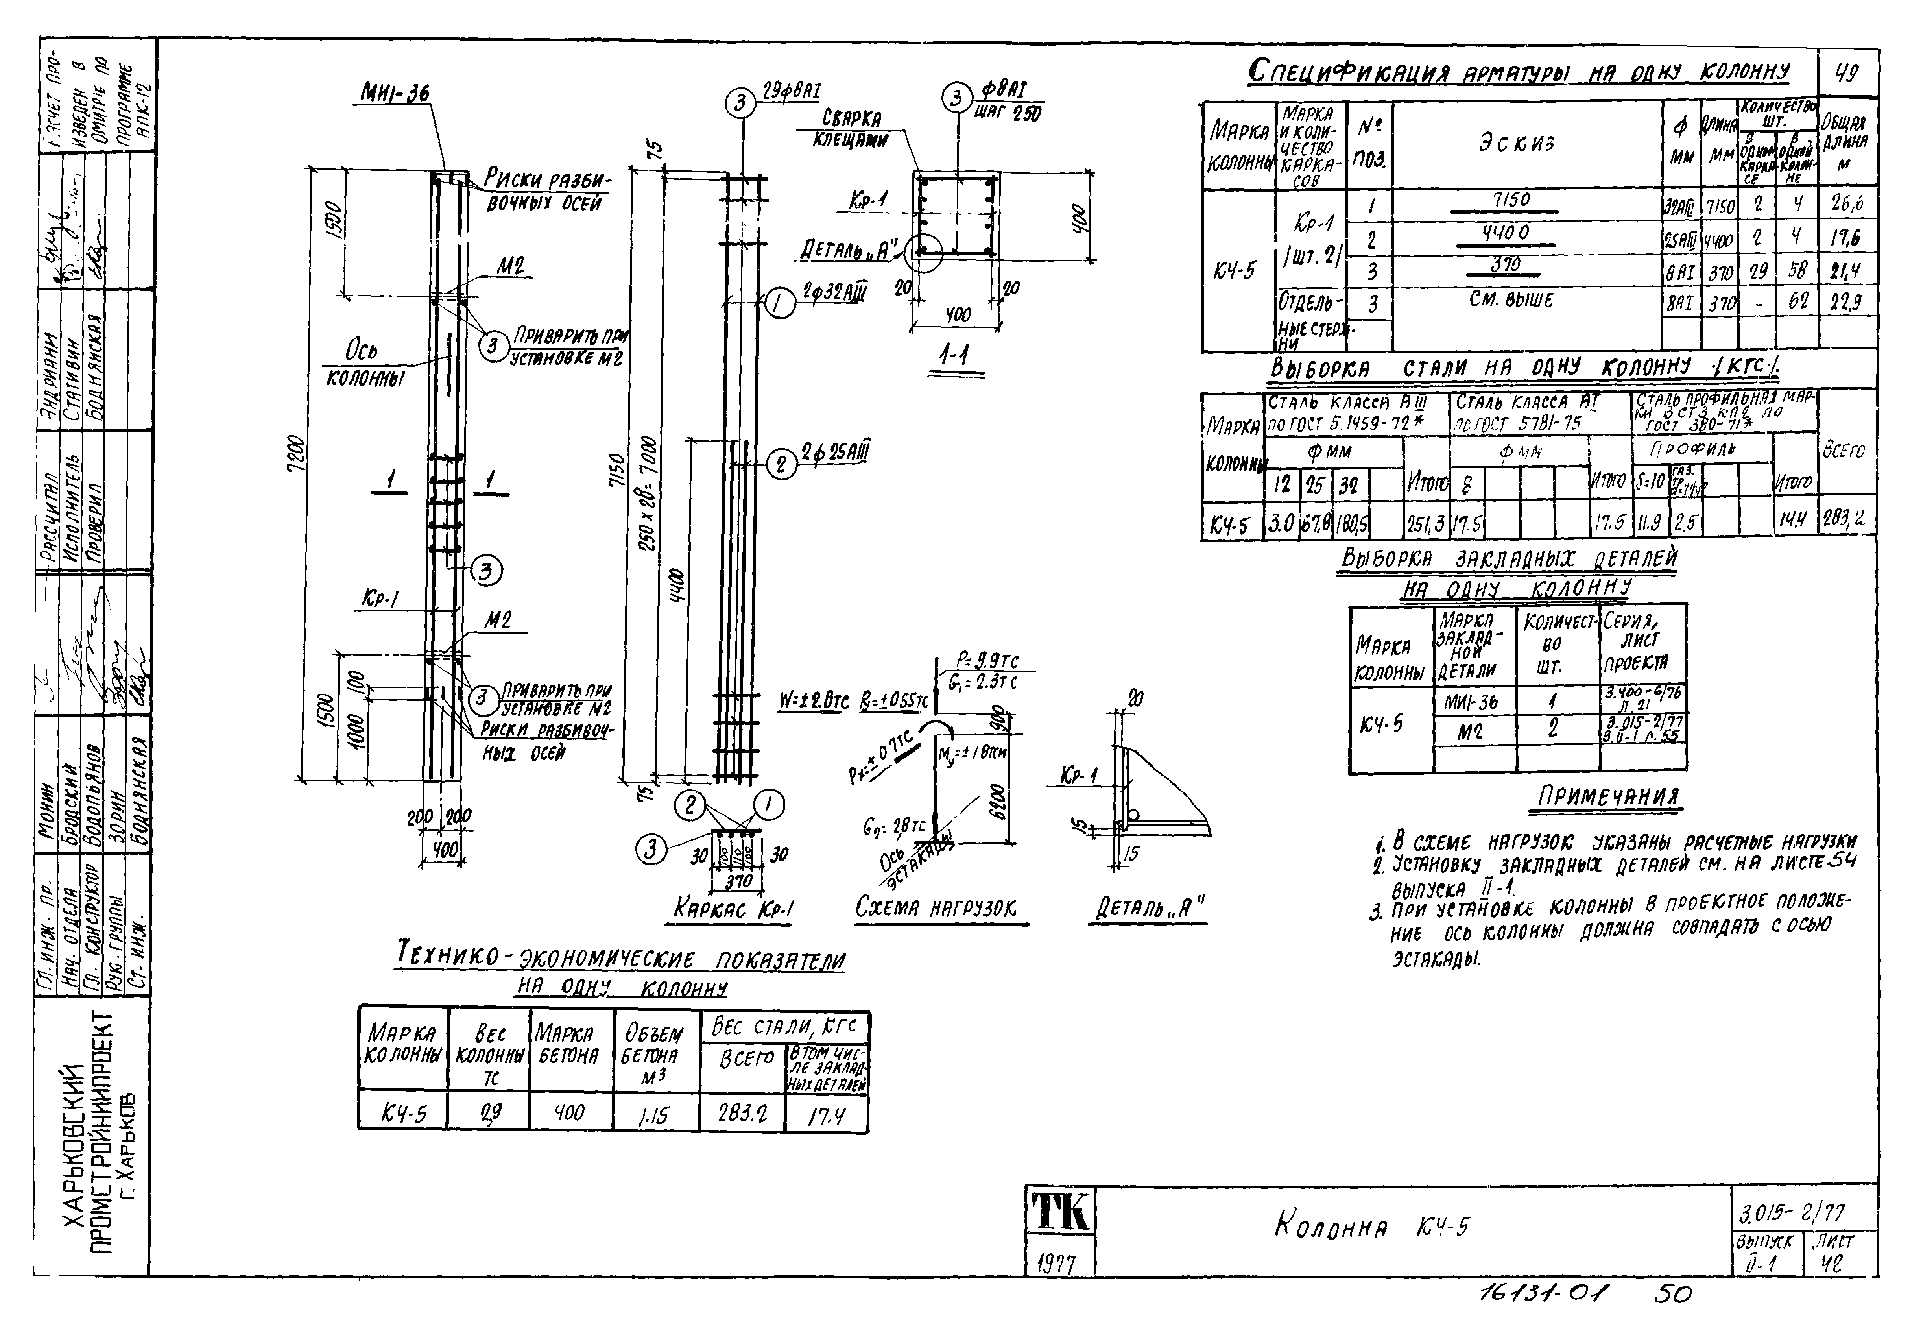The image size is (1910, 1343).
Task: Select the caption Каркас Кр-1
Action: tap(734, 909)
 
